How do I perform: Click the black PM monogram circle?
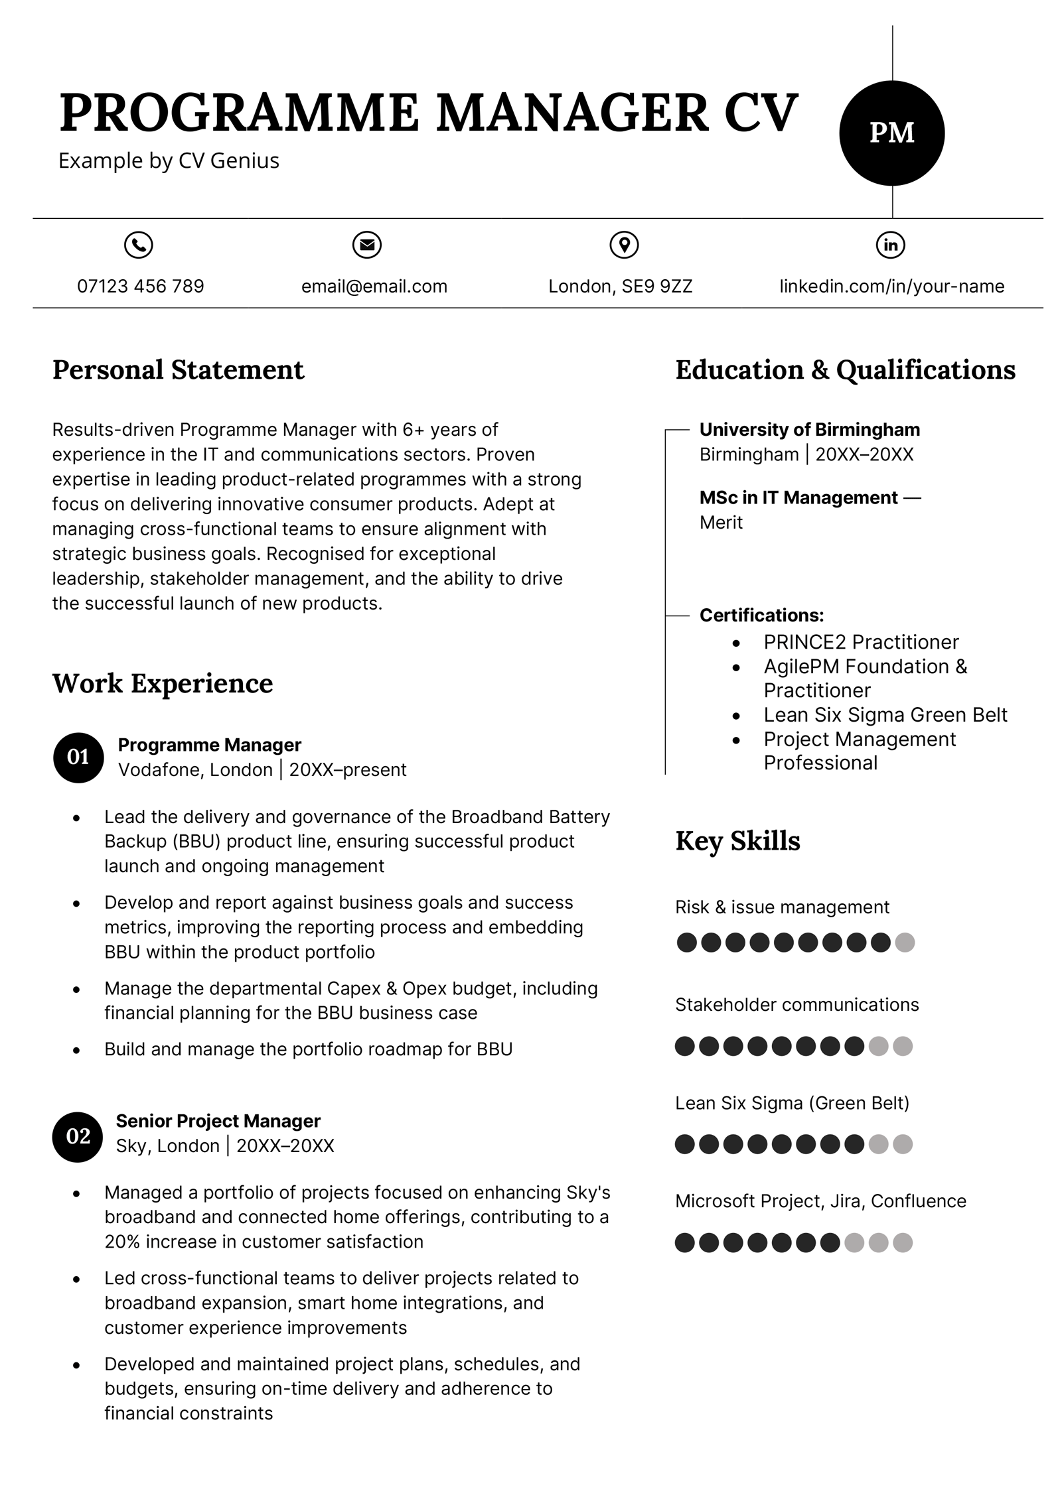coord(891,133)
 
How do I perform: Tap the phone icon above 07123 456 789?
coord(138,245)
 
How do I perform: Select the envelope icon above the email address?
coord(366,245)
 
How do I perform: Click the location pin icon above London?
coord(623,245)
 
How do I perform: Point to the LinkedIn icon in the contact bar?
coord(890,245)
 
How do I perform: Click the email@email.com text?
coord(374,286)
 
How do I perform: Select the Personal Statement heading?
coord(178,370)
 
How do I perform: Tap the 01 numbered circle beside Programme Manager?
coord(78,757)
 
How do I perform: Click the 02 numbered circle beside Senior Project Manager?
coord(78,1136)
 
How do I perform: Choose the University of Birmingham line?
coord(809,429)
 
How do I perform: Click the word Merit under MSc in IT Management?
coord(721,523)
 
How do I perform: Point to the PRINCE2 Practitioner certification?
coord(860,641)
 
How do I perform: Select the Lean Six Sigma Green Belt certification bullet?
coord(885,714)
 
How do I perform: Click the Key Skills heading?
coord(737,840)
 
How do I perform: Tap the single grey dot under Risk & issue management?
coord(904,942)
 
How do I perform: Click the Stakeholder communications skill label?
coord(796,1004)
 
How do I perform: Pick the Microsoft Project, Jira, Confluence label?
coord(820,1201)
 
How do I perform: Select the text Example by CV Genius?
coord(169,161)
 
